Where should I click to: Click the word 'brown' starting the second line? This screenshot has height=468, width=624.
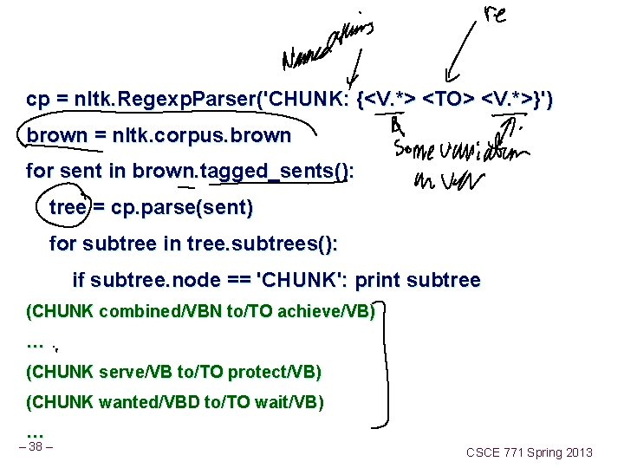coord(57,136)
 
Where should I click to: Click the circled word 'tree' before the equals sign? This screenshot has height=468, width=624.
coord(68,208)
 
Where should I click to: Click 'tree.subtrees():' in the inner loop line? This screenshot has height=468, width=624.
coord(263,244)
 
